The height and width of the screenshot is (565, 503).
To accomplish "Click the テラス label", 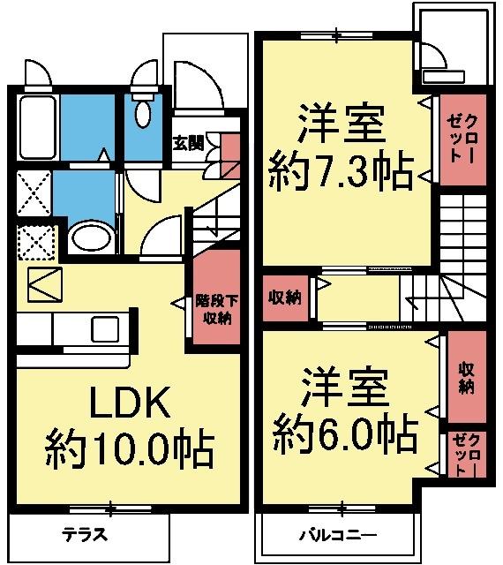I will click(85, 534).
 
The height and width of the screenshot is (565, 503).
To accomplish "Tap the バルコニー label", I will click(337, 535).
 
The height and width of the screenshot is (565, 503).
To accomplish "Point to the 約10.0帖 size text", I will click(129, 448).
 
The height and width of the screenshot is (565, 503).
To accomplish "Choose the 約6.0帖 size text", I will click(345, 432).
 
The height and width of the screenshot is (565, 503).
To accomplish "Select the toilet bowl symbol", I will click(143, 114).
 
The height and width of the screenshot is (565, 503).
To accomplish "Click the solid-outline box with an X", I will click(34, 193).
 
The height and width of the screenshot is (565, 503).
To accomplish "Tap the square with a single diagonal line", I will click(43, 283).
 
